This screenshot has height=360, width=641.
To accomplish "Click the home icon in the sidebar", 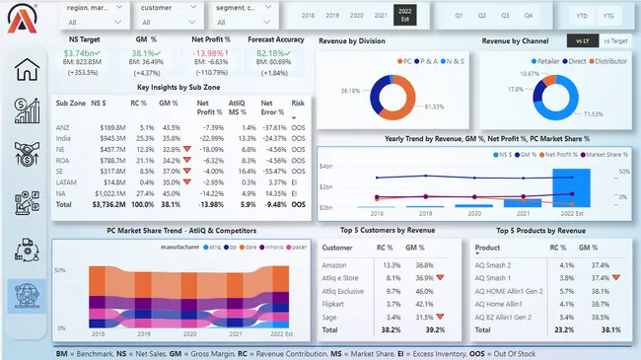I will coord(27,70).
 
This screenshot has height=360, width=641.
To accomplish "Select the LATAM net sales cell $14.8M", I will coord(111,181).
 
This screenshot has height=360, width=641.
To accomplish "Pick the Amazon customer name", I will coord(336,264).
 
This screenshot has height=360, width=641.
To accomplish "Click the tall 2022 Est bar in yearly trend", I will coord(570,187).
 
